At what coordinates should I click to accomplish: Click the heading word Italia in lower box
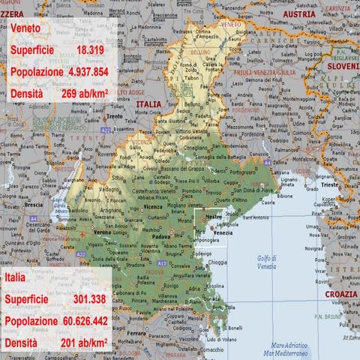click(x=19, y=277)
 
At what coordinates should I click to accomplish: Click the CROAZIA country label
click(x=341, y=294)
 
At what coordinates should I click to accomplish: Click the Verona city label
click(x=101, y=232)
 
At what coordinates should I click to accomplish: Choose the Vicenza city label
click(x=153, y=206)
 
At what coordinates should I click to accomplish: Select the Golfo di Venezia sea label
click(x=267, y=262)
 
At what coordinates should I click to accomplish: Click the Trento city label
click(x=114, y=116)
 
